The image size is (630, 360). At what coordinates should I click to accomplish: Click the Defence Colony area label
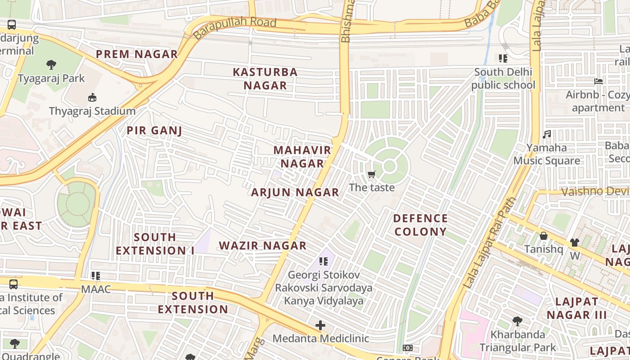click(x=420, y=225)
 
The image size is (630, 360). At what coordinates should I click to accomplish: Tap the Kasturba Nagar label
click(x=265, y=78)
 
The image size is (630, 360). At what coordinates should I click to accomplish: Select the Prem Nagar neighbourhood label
click(x=137, y=54)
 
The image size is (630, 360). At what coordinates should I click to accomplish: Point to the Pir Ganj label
click(x=154, y=131)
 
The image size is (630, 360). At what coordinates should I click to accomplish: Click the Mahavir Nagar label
click(x=302, y=157)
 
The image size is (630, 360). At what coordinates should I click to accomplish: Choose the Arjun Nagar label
click(x=295, y=193)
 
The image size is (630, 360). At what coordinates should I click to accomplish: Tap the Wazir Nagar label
click(x=263, y=246)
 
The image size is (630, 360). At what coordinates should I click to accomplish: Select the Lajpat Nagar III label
click(x=576, y=308)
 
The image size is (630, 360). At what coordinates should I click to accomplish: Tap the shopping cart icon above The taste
click(x=371, y=174)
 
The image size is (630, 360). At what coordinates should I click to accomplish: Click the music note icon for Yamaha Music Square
click(x=547, y=134)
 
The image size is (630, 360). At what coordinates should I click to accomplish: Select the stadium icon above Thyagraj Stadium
click(x=92, y=97)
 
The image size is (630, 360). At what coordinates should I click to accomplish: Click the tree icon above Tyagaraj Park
click(x=51, y=64)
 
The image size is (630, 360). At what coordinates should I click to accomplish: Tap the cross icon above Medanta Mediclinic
click(x=320, y=325)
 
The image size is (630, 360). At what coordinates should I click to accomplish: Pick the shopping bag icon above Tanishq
click(x=544, y=236)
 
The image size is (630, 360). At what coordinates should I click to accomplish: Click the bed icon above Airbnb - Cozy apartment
click(x=598, y=81)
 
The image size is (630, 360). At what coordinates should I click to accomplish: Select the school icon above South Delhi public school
click(x=503, y=58)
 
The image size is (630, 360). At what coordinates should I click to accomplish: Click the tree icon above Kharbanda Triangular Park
click(x=517, y=321)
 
